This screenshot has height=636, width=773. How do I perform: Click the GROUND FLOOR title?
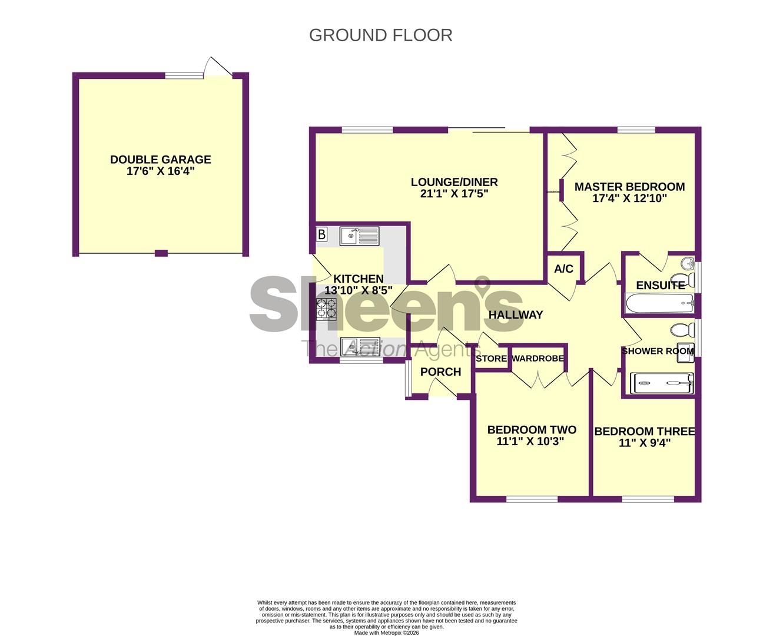click(380, 35)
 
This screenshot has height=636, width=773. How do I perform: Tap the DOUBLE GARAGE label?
click(160, 160)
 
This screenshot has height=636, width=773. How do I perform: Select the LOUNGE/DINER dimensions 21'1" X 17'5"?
click(454, 194)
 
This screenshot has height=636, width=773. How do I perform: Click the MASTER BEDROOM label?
click(629, 187)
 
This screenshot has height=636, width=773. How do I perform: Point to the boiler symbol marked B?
click(321, 235)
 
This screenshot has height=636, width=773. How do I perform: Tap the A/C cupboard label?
click(563, 269)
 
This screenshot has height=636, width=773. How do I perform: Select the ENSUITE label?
click(660, 285)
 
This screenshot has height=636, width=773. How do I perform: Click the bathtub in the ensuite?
click(659, 304)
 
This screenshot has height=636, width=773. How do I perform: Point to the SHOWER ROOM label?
click(658, 351)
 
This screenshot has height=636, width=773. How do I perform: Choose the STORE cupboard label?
click(491, 359)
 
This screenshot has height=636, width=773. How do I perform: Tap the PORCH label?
click(440, 372)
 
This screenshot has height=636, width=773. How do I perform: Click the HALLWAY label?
click(515, 315)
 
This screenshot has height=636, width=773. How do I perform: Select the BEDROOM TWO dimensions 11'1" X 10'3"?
click(530, 442)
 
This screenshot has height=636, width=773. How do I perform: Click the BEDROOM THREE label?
click(644, 432)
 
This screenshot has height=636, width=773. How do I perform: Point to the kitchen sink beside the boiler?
click(360, 237)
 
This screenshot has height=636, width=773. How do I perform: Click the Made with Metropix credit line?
click(386, 633)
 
